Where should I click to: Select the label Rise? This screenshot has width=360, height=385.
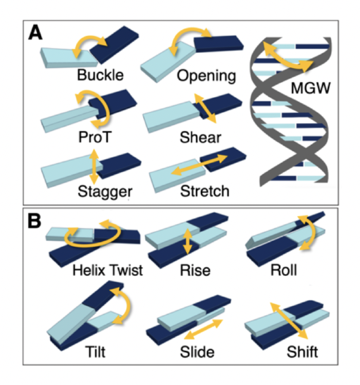click(x=195, y=271)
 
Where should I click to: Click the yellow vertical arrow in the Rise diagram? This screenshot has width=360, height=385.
click(x=188, y=241)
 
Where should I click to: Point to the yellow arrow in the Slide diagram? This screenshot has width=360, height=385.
click(x=203, y=332)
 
